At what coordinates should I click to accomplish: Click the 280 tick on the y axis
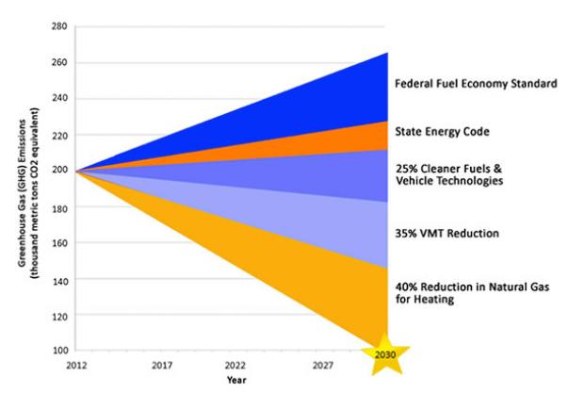pos(59,27)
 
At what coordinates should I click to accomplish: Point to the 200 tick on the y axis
pos(59,172)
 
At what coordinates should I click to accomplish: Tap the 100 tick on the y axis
pos(59,351)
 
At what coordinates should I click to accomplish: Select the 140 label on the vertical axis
pos(59,279)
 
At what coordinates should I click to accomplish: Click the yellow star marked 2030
pos(386,354)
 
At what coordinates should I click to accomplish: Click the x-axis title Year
pos(236,381)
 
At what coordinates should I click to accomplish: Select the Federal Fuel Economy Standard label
pos(476,84)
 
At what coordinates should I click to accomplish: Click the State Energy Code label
pos(442,130)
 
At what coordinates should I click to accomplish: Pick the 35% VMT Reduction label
pos(447,232)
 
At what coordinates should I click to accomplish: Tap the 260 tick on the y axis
pos(59,63)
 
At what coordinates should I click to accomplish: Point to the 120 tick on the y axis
pos(59,315)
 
